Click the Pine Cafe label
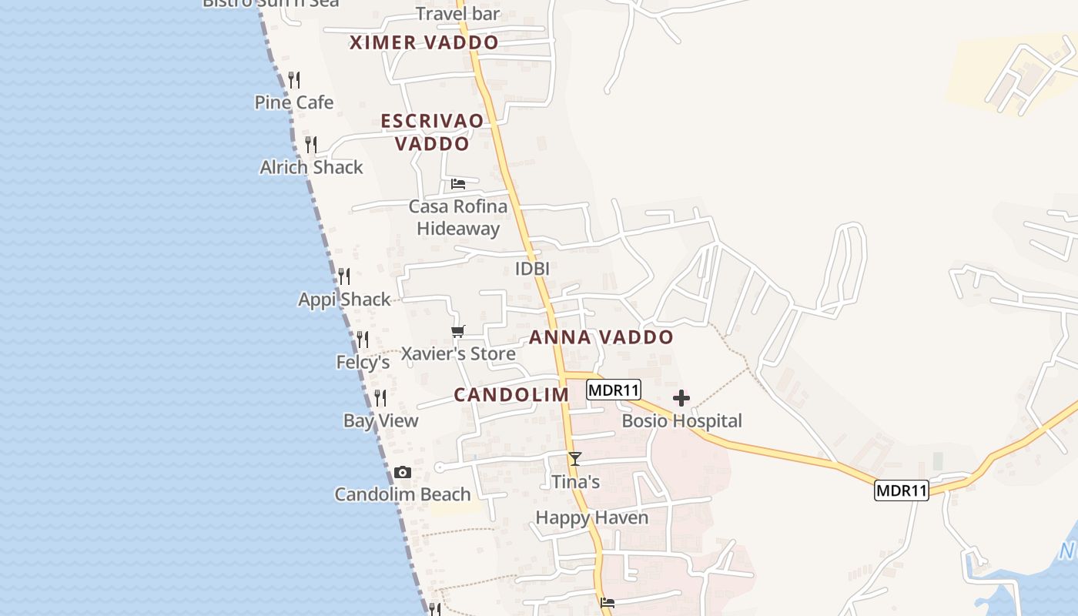click(294, 102)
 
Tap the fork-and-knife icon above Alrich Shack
click(311, 144)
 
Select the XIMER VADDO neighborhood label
click(423, 43)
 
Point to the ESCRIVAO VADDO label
click(432, 132)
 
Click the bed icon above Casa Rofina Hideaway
click(458, 184)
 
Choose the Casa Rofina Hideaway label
click(458, 217)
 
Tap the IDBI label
click(532, 269)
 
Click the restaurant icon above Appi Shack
click(344, 276)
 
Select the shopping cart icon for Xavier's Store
click(458, 332)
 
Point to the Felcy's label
click(363, 362)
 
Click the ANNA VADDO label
click(601, 337)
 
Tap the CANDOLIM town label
click(511, 395)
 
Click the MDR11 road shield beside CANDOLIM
click(614, 390)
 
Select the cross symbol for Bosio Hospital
click(681, 398)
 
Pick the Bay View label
click(380, 420)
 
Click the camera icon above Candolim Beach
click(402, 473)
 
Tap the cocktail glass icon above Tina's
click(574, 459)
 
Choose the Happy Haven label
click(591, 517)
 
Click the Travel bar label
click(457, 14)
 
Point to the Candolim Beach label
click(402, 494)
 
